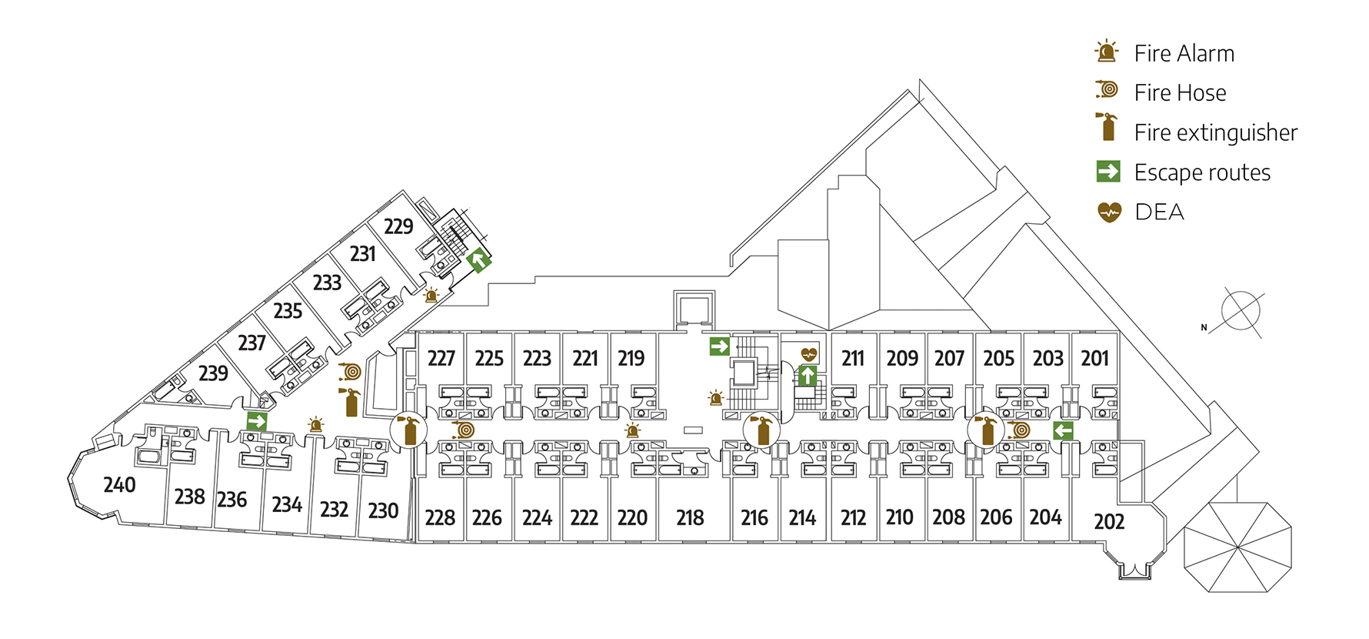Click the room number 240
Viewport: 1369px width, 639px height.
(x=119, y=485)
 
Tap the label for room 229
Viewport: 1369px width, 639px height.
(x=398, y=226)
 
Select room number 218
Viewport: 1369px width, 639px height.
(x=690, y=518)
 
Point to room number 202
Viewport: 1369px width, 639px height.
(x=1109, y=522)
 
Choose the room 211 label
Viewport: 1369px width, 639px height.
(x=852, y=359)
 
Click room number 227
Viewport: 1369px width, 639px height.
(x=441, y=359)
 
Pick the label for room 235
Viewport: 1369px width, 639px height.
(x=288, y=311)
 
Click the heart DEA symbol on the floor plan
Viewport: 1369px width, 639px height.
(x=809, y=354)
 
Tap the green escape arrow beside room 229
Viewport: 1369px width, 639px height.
(x=478, y=260)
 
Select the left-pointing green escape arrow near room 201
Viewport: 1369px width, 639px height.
(x=1063, y=431)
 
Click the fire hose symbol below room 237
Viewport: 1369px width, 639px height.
(x=351, y=372)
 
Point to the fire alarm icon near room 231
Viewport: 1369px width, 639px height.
(x=431, y=295)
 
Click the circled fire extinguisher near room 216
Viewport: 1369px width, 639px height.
(x=762, y=430)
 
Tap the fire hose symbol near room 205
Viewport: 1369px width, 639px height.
(x=1020, y=430)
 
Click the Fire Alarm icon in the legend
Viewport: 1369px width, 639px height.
(x=1107, y=52)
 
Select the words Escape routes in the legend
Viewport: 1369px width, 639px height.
(x=1202, y=172)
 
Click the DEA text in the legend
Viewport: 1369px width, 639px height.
(x=1159, y=212)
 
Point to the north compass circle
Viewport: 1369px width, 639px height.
(x=1241, y=312)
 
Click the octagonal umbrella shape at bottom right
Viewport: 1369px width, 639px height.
(x=1237, y=547)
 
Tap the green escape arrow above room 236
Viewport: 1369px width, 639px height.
(x=257, y=421)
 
